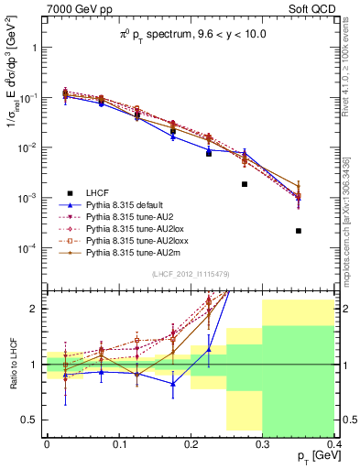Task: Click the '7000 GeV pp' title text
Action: point(75,8)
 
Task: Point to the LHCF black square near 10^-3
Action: point(245,184)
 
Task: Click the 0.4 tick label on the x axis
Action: point(334,443)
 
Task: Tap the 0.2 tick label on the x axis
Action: point(191,443)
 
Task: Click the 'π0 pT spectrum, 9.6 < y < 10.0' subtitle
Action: point(192,34)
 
